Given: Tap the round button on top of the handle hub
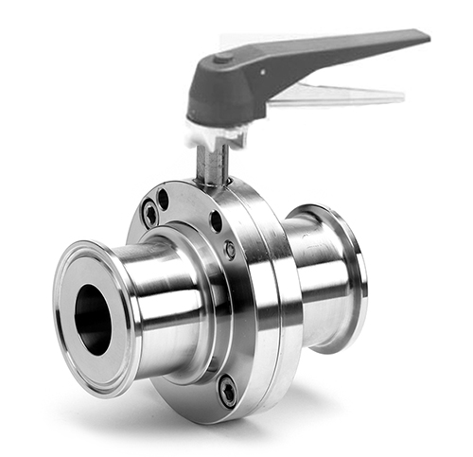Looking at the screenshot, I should (223, 60).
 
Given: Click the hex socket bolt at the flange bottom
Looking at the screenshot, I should (228, 389).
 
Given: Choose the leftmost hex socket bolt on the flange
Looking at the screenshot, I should (150, 215).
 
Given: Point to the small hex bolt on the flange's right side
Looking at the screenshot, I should (230, 250).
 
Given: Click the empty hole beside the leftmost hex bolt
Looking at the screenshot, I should (164, 200).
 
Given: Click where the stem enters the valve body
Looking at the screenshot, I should (214, 185).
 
